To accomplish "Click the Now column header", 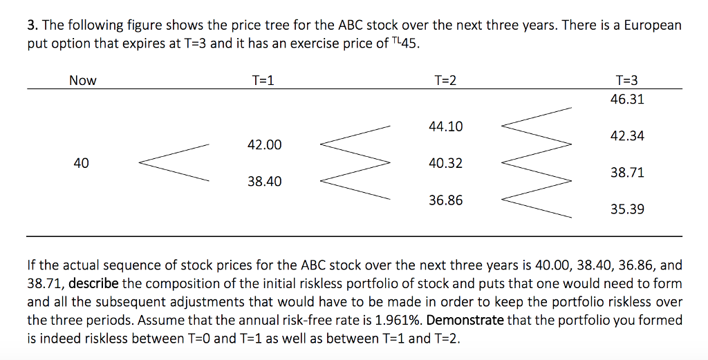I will click(x=82, y=81).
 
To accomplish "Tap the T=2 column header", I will click(x=445, y=81).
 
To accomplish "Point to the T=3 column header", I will click(x=627, y=81).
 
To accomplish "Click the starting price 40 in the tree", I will click(x=81, y=164).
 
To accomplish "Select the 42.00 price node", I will click(x=264, y=145).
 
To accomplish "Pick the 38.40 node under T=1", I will click(x=264, y=182).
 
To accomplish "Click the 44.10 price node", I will click(x=445, y=127).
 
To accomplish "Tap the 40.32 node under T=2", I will click(x=445, y=164).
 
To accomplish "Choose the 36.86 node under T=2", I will click(x=445, y=200).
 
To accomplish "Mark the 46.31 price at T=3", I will click(x=627, y=100).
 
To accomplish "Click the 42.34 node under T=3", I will click(x=627, y=136).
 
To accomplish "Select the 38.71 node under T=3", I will click(x=627, y=173).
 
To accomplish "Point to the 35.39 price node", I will click(x=627, y=209).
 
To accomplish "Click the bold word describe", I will click(x=93, y=284).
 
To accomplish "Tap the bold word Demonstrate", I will click(x=467, y=320).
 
